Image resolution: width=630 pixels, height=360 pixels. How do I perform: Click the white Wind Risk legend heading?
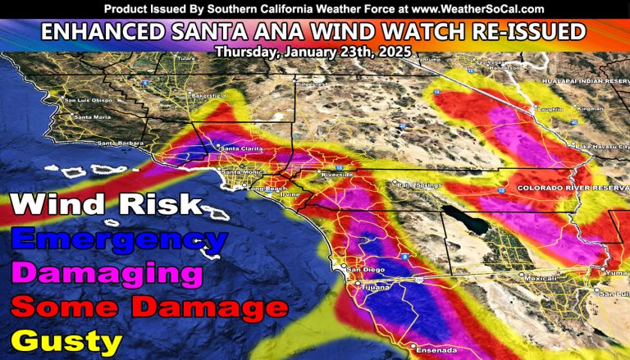coord(104,205)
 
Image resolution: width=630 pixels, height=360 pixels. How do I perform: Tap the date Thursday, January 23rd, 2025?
coord(314,51)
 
